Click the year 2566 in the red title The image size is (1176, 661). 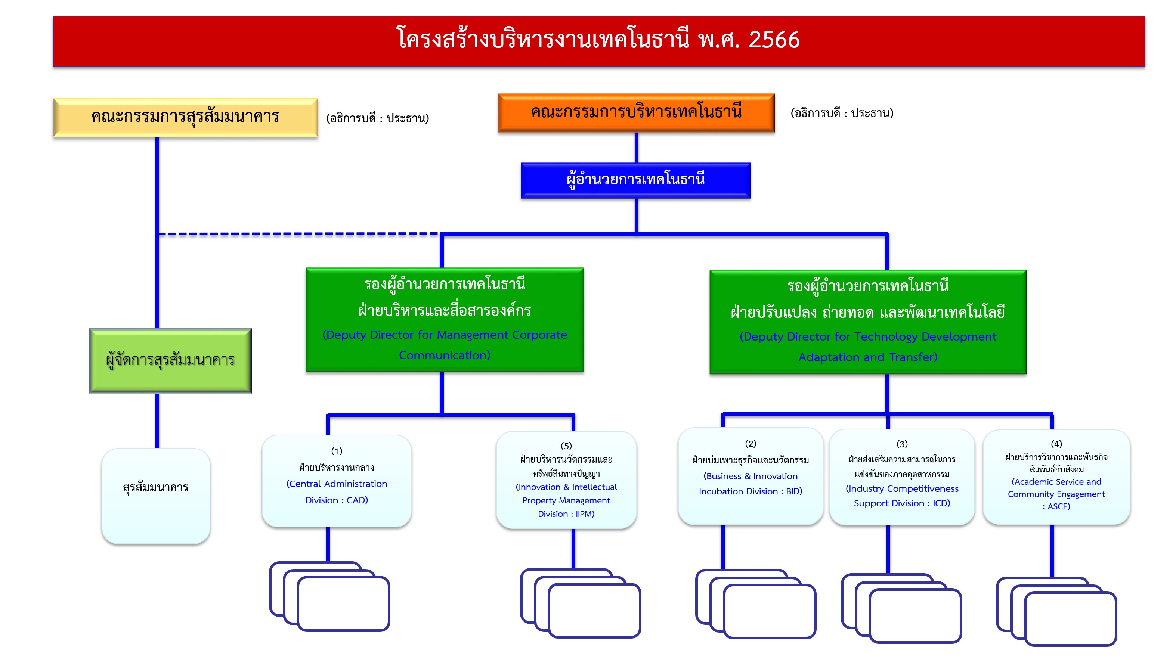pyautogui.click(x=774, y=40)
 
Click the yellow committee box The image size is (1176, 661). pyautogui.click(x=185, y=117)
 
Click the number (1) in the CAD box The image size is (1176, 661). pyautogui.click(x=337, y=451)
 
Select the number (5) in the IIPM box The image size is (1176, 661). pyautogui.click(x=566, y=446)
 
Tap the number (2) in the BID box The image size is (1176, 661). pyautogui.click(x=751, y=443)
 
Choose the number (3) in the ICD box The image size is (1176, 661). pyautogui.click(x=902, y=444)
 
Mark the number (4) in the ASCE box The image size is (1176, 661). pyautogui.click(x=1056, y=444)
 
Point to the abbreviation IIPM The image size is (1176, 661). pyautogui.click(x=584, y=514)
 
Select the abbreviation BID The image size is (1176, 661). pyautogui.click(x=793, y=491)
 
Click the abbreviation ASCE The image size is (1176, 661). pyautogui.click(x=1059, y=507)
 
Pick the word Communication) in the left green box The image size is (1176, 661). pyautogui.click(x=444, y=356)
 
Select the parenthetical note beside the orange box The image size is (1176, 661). pyautogui.click(x=842, y=113)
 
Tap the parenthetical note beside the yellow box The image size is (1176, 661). pyautogui.click(x=378, y=119)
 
